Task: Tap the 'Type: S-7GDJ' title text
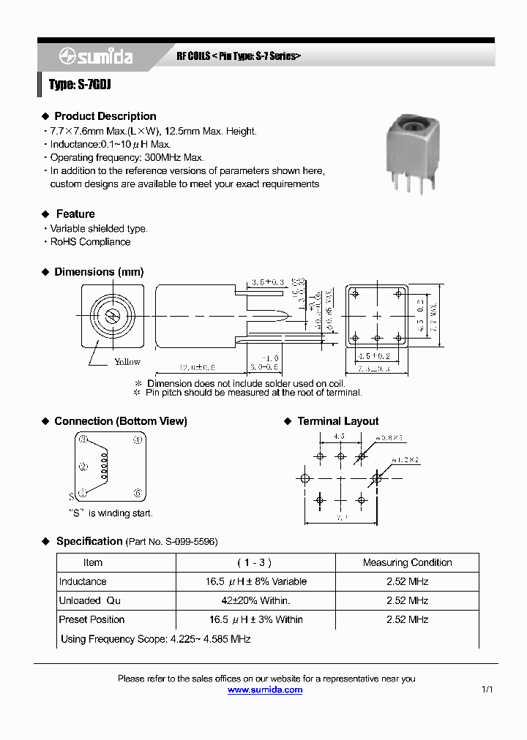pos(80,85)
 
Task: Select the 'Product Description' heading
pos(105,116)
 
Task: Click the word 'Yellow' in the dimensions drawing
pos(127,362)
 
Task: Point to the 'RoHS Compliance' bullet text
pos(90,242)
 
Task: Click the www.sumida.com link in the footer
pos(264,690)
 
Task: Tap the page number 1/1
pos(488,690)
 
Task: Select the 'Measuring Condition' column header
pos(407,562)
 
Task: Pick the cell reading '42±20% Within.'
pos(255,600)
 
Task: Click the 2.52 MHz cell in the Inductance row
pos(407,581)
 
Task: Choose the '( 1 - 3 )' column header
pos(255,562)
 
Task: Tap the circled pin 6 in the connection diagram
pos(137,492)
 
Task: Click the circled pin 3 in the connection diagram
pos(83,439)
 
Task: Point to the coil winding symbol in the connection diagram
pos(104,465)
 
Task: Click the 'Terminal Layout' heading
pos(337,421)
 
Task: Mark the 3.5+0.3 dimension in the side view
pos(266,282)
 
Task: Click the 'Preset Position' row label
pos(91,619)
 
